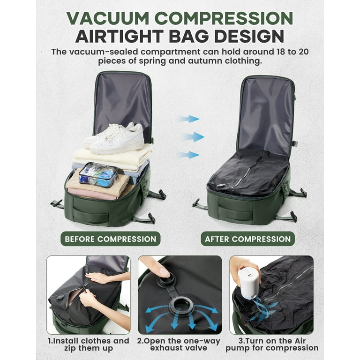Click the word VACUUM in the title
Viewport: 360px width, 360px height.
coord(108,18)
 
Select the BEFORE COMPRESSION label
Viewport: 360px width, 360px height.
coord(111,239)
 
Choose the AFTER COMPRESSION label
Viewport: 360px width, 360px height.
coord(247,239)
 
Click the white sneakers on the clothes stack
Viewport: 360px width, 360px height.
coord(114,138)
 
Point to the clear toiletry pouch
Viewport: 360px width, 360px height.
coord(98,175)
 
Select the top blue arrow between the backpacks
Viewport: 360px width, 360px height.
coord(188,119)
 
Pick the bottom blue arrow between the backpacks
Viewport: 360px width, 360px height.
coord(188,155)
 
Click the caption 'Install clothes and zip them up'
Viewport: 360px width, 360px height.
coord(89,345)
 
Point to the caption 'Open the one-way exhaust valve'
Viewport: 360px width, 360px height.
coord(179,345)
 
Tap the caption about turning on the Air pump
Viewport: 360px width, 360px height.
coord(272,345)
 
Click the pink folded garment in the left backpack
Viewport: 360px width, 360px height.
coord(92,194)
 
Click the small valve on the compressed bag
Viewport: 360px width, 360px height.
coord(221,185)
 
